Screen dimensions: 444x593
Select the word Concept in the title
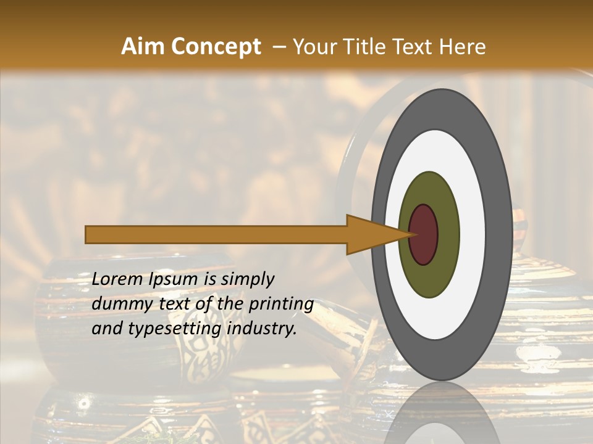[216, 47]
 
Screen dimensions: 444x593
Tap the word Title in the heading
[372, 47]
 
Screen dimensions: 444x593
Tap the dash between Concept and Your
[279, 47]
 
